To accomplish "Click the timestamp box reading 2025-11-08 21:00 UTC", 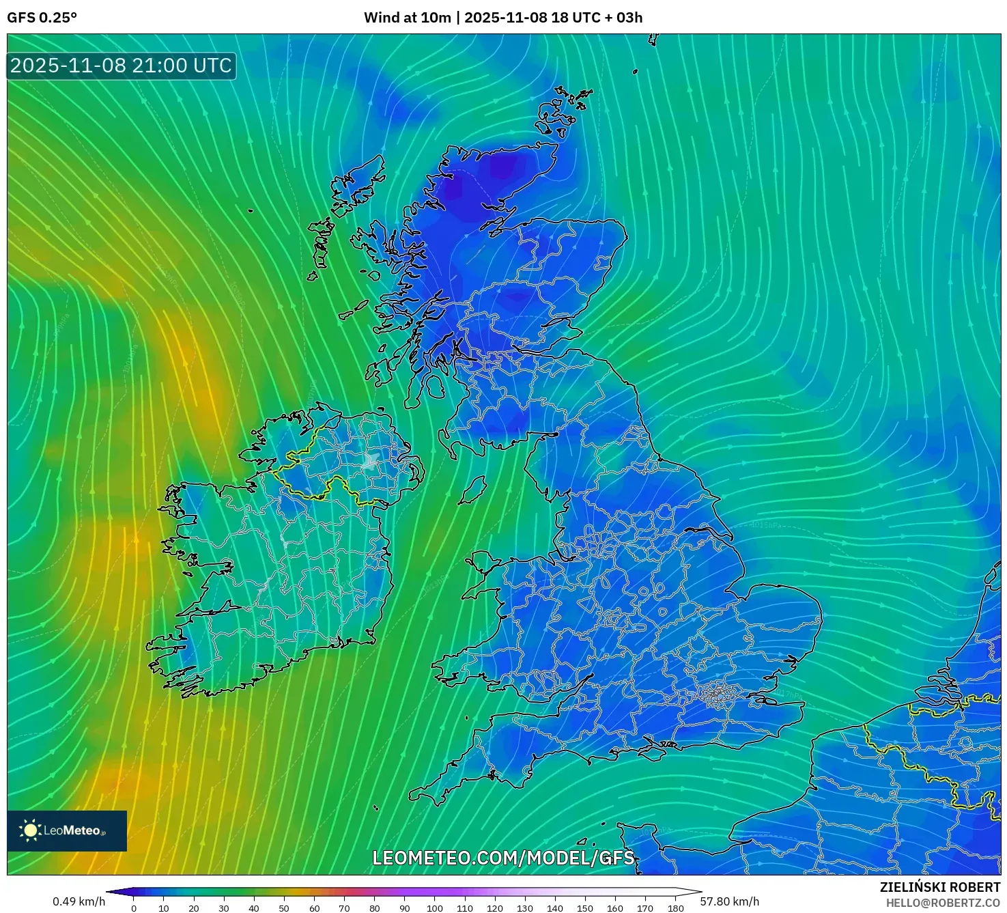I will pos(122,66).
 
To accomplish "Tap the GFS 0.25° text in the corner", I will pos(42,18).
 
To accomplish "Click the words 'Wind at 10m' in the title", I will pos(407,18).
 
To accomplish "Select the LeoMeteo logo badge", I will pos(67,830).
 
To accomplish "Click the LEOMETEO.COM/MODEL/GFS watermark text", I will pos(503,858).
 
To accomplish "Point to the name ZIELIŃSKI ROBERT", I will pos(939,887).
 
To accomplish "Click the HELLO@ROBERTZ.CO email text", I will pos(943,903).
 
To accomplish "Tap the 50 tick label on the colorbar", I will pos(284,908).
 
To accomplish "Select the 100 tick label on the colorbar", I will pos(435,908).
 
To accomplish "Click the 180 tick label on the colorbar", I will pos(676,908).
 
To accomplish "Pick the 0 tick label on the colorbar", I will pos(134,908).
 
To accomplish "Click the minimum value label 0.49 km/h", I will pos(79,901).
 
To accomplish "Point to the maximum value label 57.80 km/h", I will pos(729,901).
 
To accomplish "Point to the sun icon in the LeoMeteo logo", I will pos(30,830).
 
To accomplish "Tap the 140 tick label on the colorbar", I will pos(555,908).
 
